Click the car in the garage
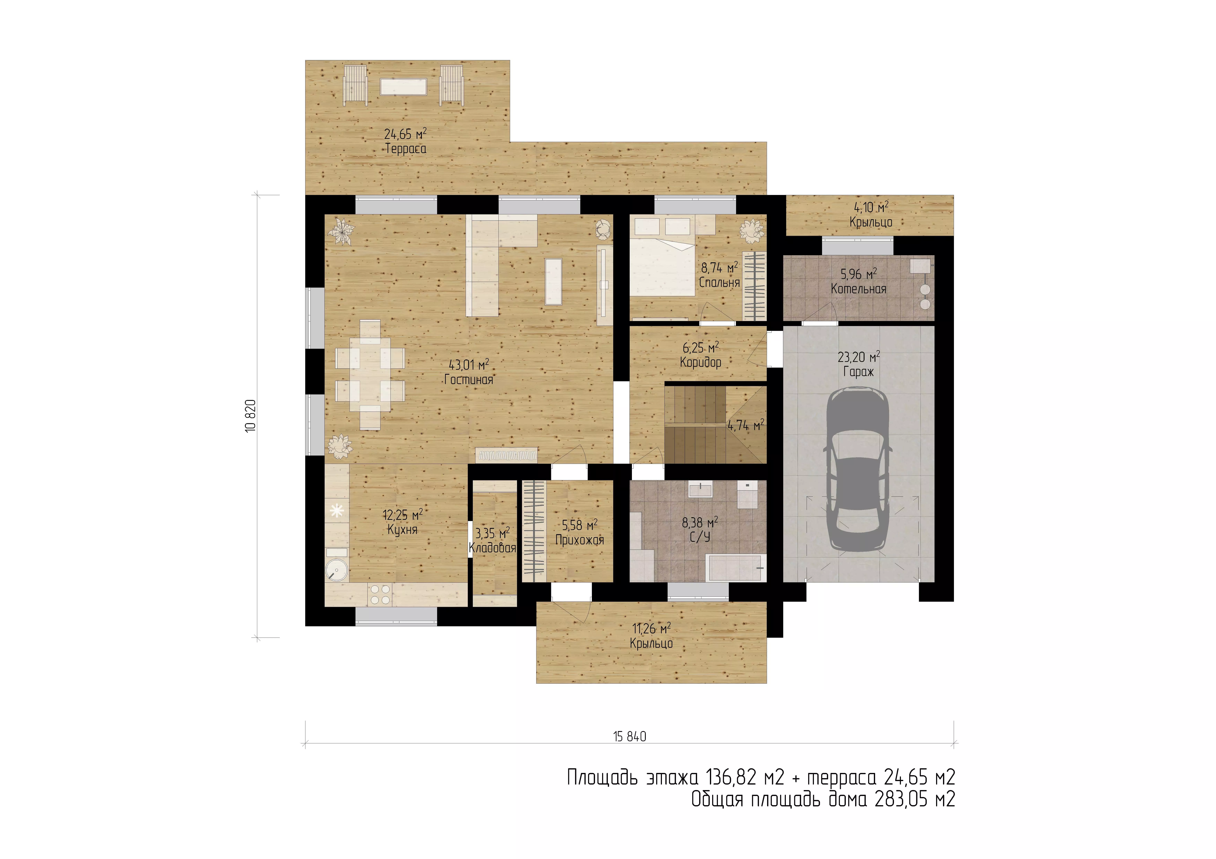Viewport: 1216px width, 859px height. [858, 468]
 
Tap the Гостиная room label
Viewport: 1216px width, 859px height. [469, 380]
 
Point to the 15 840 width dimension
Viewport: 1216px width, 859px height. [630, 736]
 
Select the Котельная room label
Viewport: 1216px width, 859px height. [858, 289]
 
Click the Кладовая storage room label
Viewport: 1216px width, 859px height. [493, 548]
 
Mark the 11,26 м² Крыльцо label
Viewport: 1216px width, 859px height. [652, 636]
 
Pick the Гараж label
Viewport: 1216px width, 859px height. [858, 372]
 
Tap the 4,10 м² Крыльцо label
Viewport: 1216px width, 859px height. [871, 214]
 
